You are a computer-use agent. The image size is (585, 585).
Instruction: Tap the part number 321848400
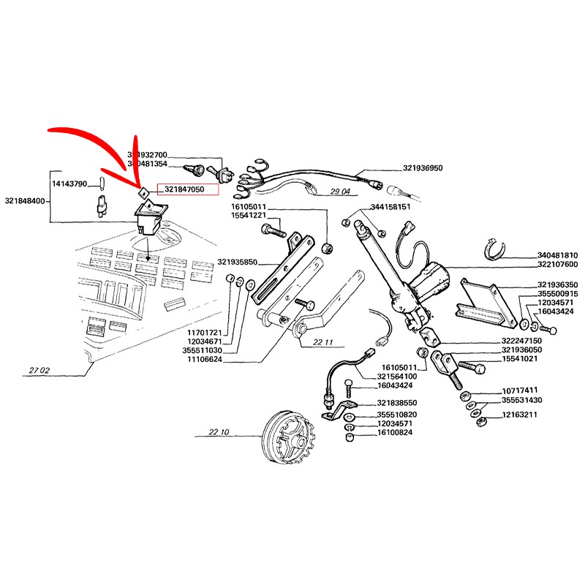tap(26, 200)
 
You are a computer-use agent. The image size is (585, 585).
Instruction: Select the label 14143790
tap(69, 184)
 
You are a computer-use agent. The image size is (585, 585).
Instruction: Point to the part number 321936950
tap(422, 168)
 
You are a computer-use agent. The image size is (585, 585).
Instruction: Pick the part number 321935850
tap(238, 261)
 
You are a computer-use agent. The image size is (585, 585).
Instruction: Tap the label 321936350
tap(557, 285)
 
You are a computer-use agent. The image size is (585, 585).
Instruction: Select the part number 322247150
tap(522, 341)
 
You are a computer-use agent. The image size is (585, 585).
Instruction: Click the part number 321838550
tap(397, 403)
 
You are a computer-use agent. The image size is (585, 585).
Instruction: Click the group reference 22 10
tap(219, 433)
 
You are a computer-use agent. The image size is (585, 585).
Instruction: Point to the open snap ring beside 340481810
tap(498, 249)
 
